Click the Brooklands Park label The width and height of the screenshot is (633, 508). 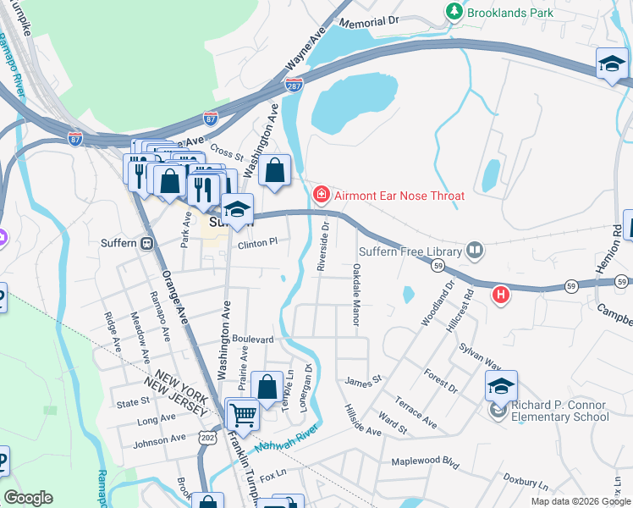(x=512, y=13)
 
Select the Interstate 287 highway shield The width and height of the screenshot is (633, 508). (x=294, y=86)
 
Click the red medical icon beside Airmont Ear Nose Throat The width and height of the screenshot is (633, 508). (x=321, y=196)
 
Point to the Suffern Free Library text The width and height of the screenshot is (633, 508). (x=410, y=251)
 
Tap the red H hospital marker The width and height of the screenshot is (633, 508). (x=501, y=294)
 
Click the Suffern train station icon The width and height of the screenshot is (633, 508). (x=147, y=243)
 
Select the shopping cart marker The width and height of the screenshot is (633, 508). (x=243, y=414)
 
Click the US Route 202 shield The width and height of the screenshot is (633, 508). (x=206, y=435)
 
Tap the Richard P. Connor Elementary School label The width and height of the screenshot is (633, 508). (x=559, y=410)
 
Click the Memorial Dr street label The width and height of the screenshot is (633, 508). (x=369, y=20)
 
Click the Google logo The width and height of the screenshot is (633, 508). (x=28, y=498)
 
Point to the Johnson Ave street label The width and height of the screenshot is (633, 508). (x=160, y=439)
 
